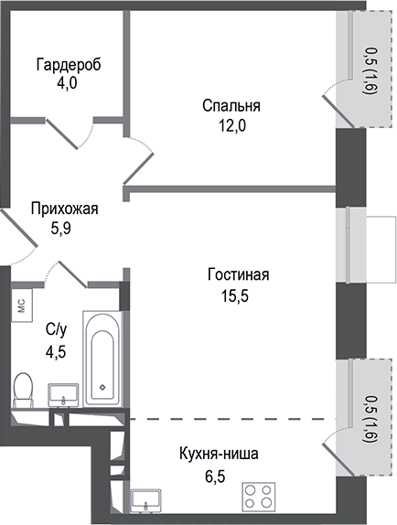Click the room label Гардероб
coord(69,65)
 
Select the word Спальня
coord(231,105)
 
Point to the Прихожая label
coord(64,209)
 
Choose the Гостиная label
coord(238,275)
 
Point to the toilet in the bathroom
coord(25,391)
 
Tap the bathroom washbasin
coord(63,395)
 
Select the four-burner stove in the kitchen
coord(261,498)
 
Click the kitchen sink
coord(146,501)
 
